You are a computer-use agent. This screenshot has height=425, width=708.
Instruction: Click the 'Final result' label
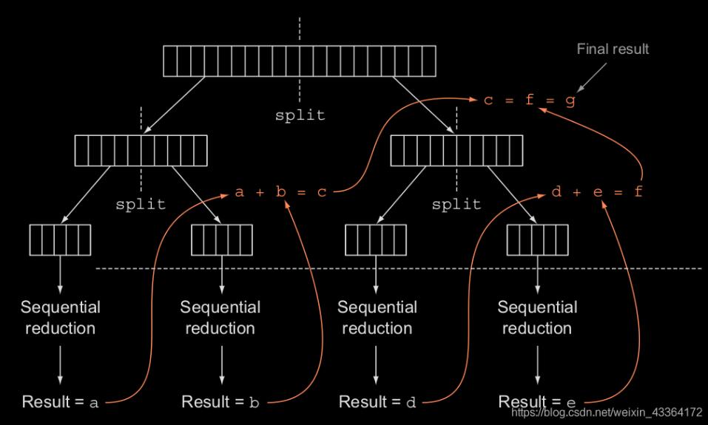click(612, 50)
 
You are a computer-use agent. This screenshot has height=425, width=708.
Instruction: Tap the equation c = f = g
click(529, 101)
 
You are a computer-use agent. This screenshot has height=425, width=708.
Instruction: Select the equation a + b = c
click(280, 193)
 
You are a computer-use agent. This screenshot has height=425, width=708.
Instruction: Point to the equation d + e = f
click(597, 193)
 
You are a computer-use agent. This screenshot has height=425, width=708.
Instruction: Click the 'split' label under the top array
click(300, 115)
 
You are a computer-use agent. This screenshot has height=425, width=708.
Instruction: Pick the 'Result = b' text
click(220, 403)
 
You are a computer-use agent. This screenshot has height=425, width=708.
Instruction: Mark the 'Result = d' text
click(377, 403)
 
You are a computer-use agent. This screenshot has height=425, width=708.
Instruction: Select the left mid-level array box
click(141, 151)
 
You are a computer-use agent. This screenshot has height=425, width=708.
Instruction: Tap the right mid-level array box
click(456, 151)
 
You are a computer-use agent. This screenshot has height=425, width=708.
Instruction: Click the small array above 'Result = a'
click(60, 239)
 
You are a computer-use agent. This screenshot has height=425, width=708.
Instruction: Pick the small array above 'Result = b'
click(222, 239)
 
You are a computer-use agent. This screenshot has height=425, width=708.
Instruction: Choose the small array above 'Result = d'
click(376, 239)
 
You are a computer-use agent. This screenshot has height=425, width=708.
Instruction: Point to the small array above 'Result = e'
click(537, 239)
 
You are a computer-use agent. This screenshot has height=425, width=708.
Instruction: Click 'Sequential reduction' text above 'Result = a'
click(61, 317)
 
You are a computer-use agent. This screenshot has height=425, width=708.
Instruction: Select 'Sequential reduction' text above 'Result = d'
click(377, 317)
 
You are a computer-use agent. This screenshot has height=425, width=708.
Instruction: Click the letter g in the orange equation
click(570, 101)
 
